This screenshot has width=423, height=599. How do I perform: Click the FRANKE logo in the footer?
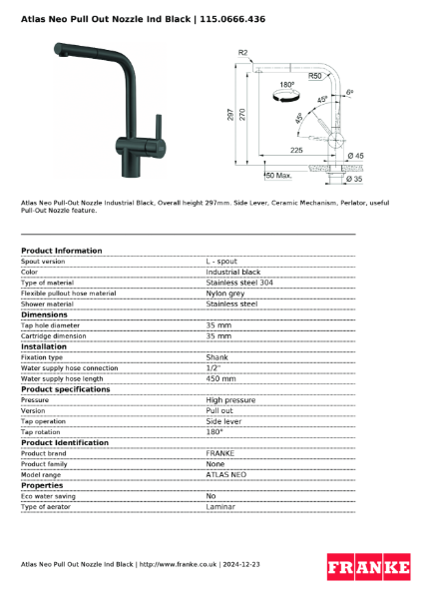(x=369, y=567)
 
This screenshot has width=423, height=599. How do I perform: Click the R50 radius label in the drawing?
(x=314, y=75)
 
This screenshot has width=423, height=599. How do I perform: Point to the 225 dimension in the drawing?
(x=296, y=149)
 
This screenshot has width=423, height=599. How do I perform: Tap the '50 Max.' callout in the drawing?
(x=277, y=176)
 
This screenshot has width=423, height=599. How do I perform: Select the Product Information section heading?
(x=61, y=251)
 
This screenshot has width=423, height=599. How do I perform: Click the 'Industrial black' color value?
(x=232, y=272)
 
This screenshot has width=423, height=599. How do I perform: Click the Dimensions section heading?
(x=44, y=314)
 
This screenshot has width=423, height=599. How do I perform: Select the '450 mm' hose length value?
(x=220, y=378)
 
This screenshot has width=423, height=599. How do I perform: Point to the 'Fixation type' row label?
(x=42, y=357)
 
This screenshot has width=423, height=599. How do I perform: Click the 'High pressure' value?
(x=230, y=400)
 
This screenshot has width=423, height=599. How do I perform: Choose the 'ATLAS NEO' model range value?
(x=225, y=475)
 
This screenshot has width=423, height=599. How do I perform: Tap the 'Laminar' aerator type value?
(x=220, y=507)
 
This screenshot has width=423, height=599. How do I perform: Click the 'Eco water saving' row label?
(x=48, y=496)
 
